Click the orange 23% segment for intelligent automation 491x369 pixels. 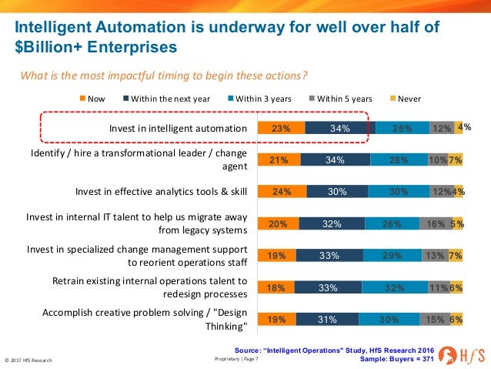281,129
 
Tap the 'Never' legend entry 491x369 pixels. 406,99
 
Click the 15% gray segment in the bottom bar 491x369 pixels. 435,318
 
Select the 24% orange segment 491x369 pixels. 282,192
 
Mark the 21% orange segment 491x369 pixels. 279,160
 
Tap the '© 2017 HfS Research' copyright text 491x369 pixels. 28,361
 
